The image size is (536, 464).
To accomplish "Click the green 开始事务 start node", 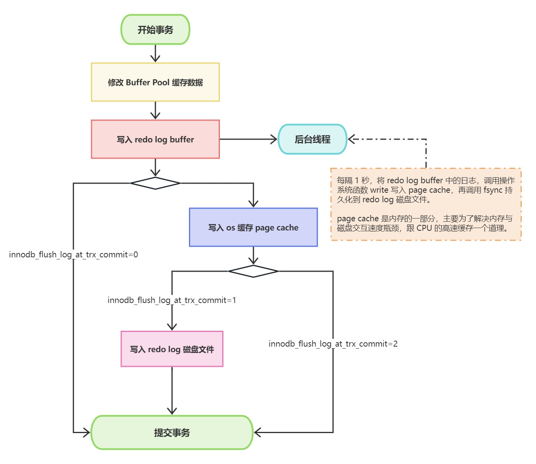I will (x=155, y=30).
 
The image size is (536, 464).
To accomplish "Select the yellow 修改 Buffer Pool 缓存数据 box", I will (x=155, y=82).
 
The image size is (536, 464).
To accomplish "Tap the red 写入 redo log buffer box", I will (x=155, y=139).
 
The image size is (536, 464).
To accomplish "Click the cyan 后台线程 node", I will (x=313, y=139).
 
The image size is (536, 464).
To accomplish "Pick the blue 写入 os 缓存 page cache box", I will (x=253, y=227).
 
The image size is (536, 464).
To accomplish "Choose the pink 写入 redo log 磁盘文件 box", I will (x=172, y=349).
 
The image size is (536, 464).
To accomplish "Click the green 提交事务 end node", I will (x=172, y=432).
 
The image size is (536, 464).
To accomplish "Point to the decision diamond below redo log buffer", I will (x=155, y=183).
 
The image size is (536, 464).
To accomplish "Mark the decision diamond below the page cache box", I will (x=253, y=271).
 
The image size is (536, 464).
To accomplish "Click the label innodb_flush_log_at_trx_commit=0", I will (x=74, y=255).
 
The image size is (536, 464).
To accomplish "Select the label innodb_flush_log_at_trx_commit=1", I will (x=172, y=300).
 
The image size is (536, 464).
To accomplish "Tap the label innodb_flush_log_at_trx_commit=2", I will (x=333, y=344).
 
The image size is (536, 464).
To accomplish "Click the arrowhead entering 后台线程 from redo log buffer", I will (x=274, y=139).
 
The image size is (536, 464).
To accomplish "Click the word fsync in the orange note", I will (x=493, y=190).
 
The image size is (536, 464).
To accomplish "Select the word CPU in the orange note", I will (x=424, y=228).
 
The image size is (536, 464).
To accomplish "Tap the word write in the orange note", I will (x=379, y=190).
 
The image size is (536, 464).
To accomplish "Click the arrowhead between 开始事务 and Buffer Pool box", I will (x=155, y=58).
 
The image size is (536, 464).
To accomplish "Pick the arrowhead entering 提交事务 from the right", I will (x=258, y=432).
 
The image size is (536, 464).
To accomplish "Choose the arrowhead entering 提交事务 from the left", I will (x=87, y=432).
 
